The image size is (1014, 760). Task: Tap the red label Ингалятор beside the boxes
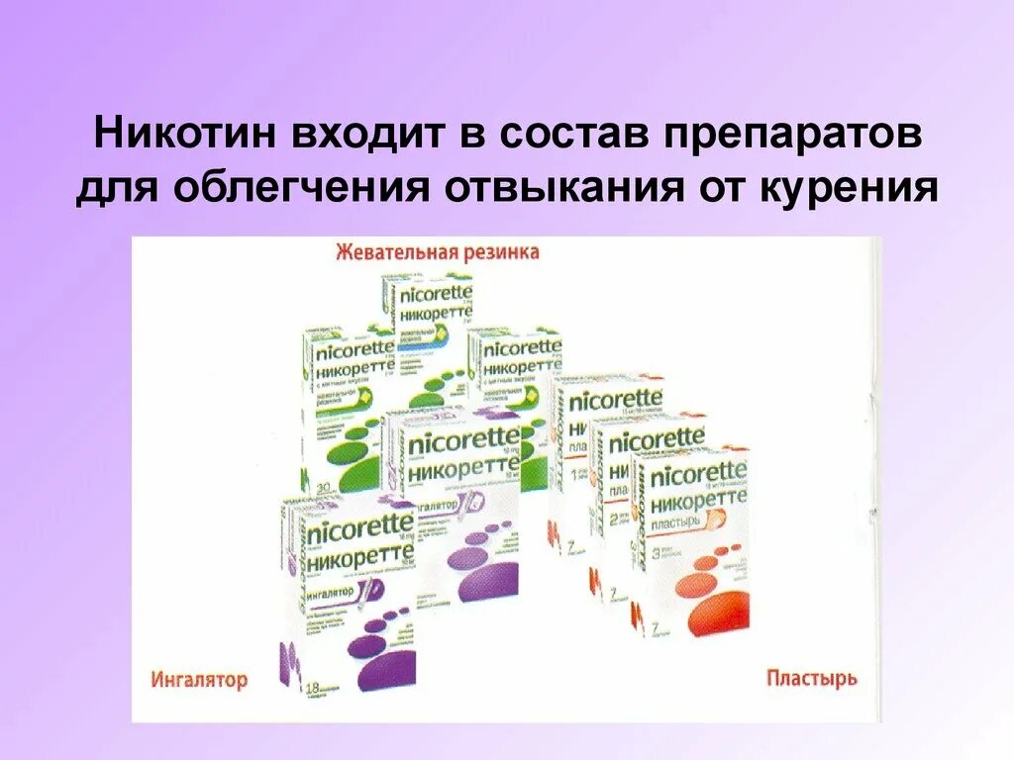pos(200,679)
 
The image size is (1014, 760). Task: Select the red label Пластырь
pos(812,678)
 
